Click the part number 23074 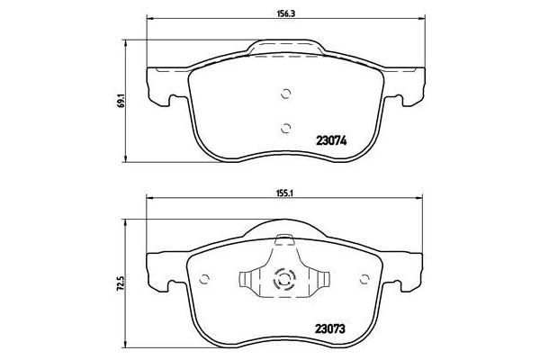point(332,139)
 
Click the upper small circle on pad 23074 point(286,93)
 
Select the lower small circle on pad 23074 point(286,126)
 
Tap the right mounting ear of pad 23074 point(410,83)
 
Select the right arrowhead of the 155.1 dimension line point(419,201)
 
